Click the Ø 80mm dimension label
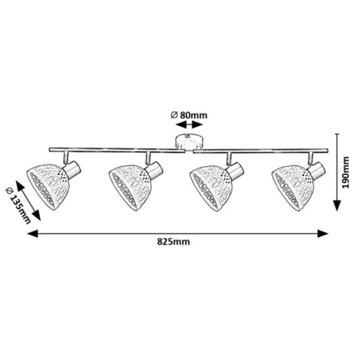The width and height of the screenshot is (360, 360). (189, 115)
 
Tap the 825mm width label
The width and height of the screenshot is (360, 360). (173, 242)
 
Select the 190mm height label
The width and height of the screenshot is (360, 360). (346, 172)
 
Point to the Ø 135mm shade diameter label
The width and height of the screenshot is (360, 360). (18, 206)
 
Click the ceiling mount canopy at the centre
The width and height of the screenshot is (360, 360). (189, 142)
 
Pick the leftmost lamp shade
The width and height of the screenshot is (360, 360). (48, 186)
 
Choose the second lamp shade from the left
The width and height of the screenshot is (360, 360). (130, 187)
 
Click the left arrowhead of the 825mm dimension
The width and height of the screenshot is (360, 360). (32, 233)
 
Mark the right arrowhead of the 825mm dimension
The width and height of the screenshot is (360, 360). (323, 233)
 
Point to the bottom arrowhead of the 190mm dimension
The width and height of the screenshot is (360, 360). (337, 206)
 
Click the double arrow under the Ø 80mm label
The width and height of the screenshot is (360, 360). (189, 125)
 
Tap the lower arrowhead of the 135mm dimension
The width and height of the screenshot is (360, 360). (37, 216)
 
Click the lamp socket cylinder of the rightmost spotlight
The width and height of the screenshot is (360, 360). (317, 171)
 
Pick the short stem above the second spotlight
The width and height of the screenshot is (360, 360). (148, 158)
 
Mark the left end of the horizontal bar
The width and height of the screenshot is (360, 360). (49, 150)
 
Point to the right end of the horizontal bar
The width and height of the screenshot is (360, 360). (328, 150)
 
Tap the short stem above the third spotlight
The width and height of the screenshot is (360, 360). (229, 159)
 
